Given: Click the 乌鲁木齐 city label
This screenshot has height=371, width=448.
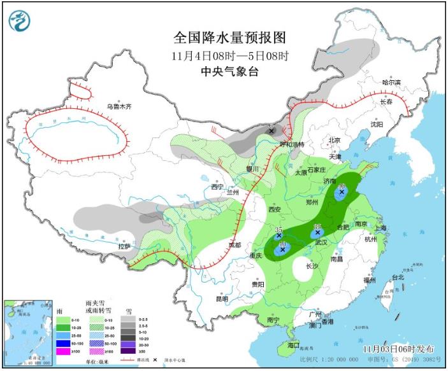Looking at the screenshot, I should (118, 106).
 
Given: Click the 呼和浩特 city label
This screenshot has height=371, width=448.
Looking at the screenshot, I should (293, 144).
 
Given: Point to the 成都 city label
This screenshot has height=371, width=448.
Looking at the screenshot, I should (236, 245).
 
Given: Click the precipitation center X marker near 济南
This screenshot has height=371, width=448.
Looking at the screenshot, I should (342, 191).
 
